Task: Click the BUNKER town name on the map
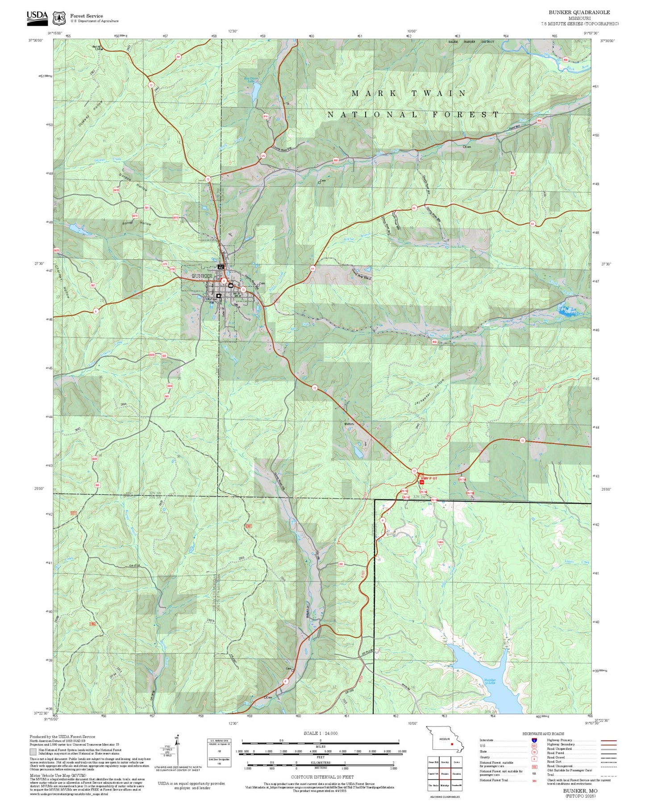pyautogui.click(x=202, y=276)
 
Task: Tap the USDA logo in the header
pyautogui.click(x=37, y=16)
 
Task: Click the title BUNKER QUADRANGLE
pyautogui.click(x=579, y=12)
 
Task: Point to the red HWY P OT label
pyautogui.click(x=429, y=478)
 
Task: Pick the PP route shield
pyautogui.click(x=178, y=57)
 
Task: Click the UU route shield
pyautogui.click(x=263, y=156)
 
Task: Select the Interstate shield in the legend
pyautogui.click(x=534, y=740)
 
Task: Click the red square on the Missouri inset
pyautogui.click(x=452, y=744)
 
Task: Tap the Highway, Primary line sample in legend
pyautogui.click(x=608, y=740)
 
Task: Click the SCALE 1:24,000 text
pyautogui.click(x=320, y=733)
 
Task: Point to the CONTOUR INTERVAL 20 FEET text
pyautogui.click(x=322, y=777)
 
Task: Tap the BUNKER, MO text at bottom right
pyautogui.click(x=580, y=791)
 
